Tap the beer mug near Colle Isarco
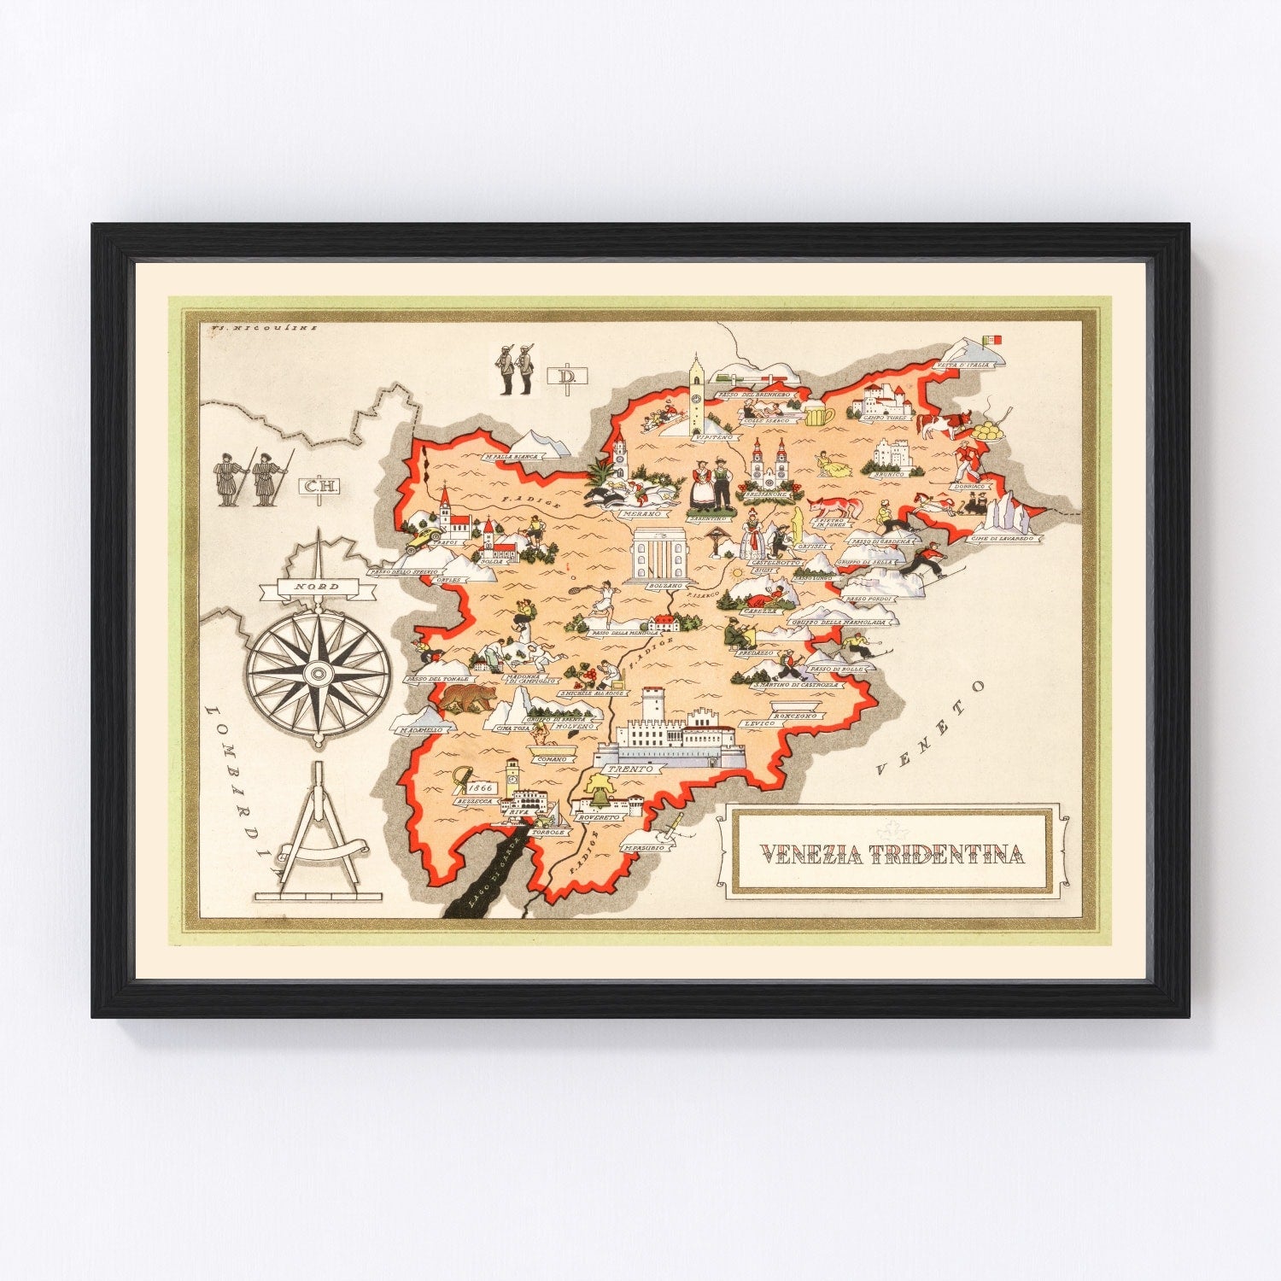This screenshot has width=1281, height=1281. click(817, 416)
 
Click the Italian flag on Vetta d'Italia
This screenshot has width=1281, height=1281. click(995, 339)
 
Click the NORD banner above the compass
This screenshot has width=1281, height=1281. click(316, 588)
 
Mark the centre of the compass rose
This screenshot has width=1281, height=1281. click(319, 675)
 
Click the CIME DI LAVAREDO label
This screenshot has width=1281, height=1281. click(1006, 539)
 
